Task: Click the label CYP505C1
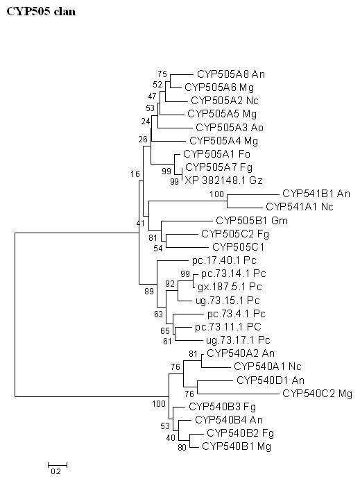pyautogui.click(x=235, y=246)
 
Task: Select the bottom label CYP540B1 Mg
pyautogui.click(x=236, y=446)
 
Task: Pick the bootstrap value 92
pyautogui.click(x=169, y=283)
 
